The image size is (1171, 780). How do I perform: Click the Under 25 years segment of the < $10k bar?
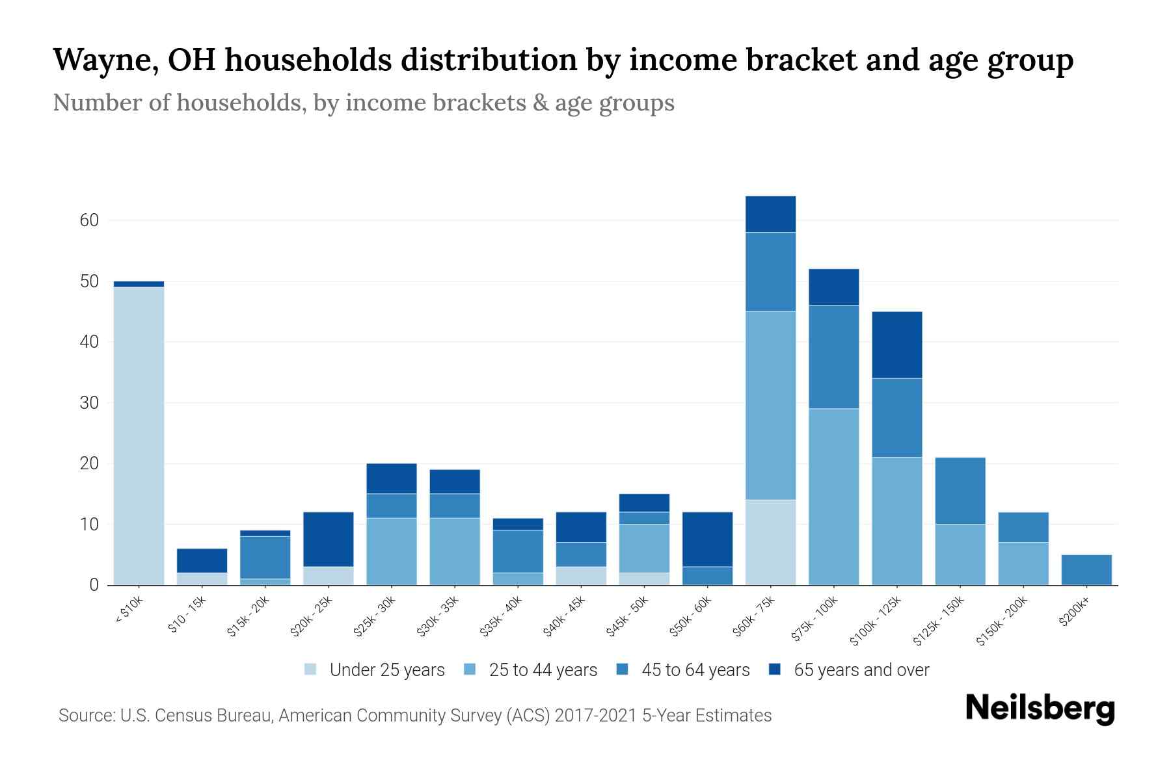(x=139, y=435)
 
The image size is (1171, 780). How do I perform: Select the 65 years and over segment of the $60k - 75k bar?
(x=770, y=214)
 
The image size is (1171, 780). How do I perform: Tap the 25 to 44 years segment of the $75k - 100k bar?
(x=833, y=497)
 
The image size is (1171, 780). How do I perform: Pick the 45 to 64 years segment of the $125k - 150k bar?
(x=960, y=491)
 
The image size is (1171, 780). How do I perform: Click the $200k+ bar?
(x=1086, y=569)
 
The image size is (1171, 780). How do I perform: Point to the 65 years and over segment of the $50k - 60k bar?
(x=707, y=539)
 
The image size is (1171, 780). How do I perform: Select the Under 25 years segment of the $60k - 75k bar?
(x=770, y=542)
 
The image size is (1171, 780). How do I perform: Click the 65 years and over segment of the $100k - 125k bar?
(x=896, y=345)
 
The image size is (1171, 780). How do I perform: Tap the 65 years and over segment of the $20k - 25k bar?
(x=329, y=539)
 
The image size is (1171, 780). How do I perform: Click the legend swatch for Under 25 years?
(x=311, y=669)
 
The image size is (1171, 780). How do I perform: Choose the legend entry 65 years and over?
(x=861, y=669)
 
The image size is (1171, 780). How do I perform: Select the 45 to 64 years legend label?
(x=695, y=669)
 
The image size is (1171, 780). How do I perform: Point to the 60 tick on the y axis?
(x=89, y=220)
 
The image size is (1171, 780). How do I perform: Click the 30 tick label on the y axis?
(x=89, y=403)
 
